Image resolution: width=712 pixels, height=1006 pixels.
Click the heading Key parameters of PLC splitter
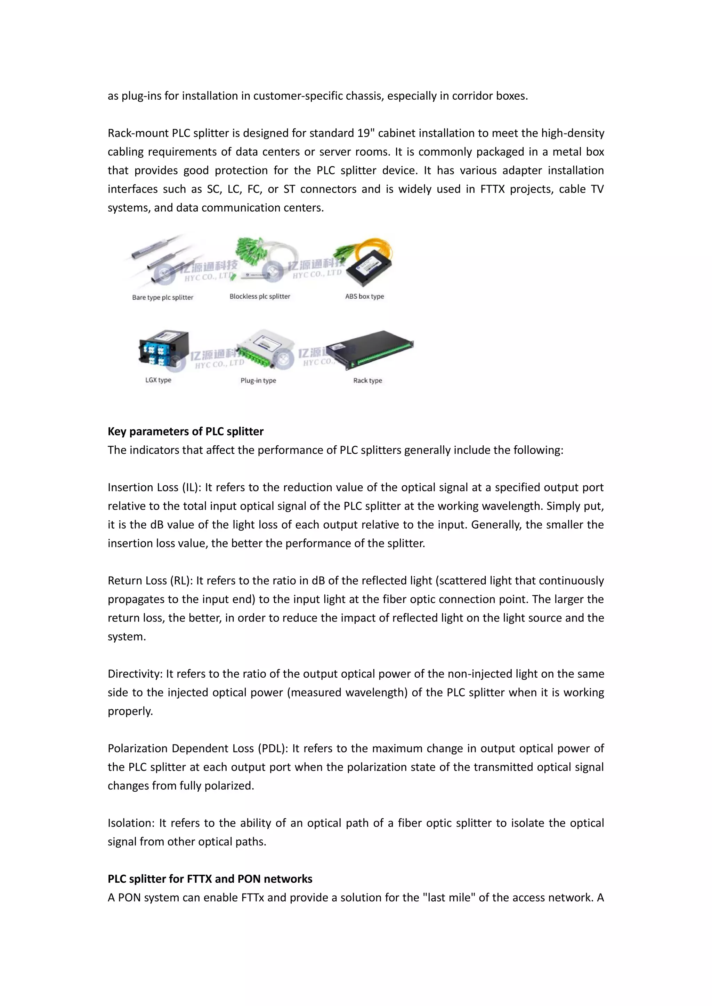pos(185,431)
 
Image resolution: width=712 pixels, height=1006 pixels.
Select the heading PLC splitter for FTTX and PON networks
pos(210,879)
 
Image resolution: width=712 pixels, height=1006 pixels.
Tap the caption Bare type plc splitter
pos(163,297)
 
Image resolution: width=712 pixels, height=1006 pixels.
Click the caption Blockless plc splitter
pos(260,297)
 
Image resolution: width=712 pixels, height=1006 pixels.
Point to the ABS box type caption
pos(364,297)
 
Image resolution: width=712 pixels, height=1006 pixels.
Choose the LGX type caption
pos(158,380)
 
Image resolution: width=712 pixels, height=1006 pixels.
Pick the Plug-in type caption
pos(258,381)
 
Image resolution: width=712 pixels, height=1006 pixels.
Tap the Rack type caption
pos(367,381)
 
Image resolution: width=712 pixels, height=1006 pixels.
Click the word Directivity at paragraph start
pos(135,674)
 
